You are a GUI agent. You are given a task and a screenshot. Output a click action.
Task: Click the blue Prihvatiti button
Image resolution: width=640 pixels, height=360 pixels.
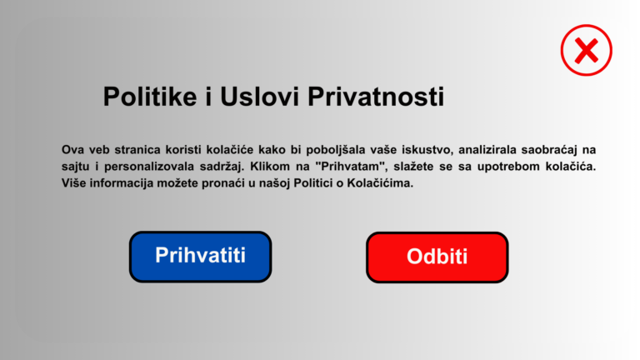pyautogui.click(x=200, y=257)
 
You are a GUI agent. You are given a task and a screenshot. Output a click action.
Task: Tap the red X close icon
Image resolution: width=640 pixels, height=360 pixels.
pyautogui.click(x=586, y=50)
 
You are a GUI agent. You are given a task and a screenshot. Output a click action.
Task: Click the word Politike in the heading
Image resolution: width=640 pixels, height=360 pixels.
pyautogui.click(x=150, y=97)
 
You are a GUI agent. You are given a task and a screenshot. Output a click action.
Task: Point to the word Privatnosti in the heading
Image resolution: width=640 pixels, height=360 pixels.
pyautogui.click(x=376, y=97)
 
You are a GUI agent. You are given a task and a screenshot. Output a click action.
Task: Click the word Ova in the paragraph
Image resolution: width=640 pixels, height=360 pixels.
pyautogui.click(x=72, y=150)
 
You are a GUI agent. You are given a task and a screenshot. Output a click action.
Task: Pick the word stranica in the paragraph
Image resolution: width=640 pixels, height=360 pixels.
pyautogui.click(x=137, y=150)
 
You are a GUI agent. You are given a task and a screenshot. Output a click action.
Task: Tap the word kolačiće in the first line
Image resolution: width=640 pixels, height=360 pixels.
pyautogui.click(x=230, y=150)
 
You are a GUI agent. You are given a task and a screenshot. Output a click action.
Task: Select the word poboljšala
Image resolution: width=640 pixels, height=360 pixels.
pyautogui.click(x=336, y=150)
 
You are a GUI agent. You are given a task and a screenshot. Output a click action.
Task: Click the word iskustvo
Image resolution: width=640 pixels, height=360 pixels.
pyautogui.click(x=427, y=150)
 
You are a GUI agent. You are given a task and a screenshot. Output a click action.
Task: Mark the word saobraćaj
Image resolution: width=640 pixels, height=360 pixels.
pyautogui.click(x=549, y=150)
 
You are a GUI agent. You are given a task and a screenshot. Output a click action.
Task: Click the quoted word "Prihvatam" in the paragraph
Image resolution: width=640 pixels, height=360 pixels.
pyautogui.click(x=351, y=167)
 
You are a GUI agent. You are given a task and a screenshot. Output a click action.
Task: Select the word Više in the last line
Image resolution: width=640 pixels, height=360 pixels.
pyautogui.click(x=73, y=183)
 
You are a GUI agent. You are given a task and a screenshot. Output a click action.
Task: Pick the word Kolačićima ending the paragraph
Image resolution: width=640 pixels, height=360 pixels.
pyautogui.click(x=380, y=183)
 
